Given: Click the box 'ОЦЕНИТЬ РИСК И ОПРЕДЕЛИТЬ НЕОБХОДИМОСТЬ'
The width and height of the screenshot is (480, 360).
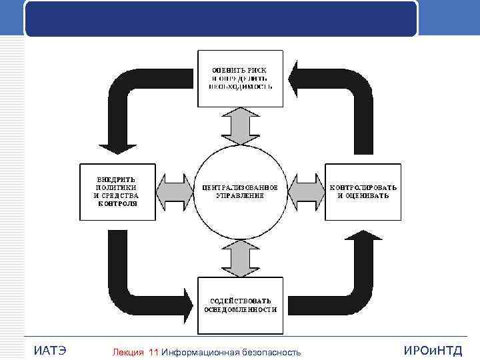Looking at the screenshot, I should click(241, 77).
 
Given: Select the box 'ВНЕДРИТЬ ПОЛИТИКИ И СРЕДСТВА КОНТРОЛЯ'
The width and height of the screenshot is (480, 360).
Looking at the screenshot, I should click(117, 192).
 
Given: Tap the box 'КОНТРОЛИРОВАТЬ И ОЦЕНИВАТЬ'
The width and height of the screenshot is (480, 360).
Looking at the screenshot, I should click(363, 192).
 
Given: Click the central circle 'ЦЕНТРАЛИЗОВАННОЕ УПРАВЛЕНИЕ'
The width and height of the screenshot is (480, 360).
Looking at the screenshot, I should click(240, 192).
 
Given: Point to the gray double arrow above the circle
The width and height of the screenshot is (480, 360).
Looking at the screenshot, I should click(240, 125).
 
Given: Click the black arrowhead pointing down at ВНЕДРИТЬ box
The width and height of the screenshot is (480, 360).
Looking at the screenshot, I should click(117, 143).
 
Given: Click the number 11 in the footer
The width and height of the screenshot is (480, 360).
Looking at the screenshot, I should click(155, 352).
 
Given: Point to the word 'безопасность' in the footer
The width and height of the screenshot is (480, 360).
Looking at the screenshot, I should click(271, 352).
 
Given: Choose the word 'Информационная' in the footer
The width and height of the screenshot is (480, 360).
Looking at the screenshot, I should click(200, 352).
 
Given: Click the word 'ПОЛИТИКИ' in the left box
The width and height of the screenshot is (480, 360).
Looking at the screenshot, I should click(117, 187).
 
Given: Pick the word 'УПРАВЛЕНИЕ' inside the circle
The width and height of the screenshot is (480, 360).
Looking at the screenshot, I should click(240, 196).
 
